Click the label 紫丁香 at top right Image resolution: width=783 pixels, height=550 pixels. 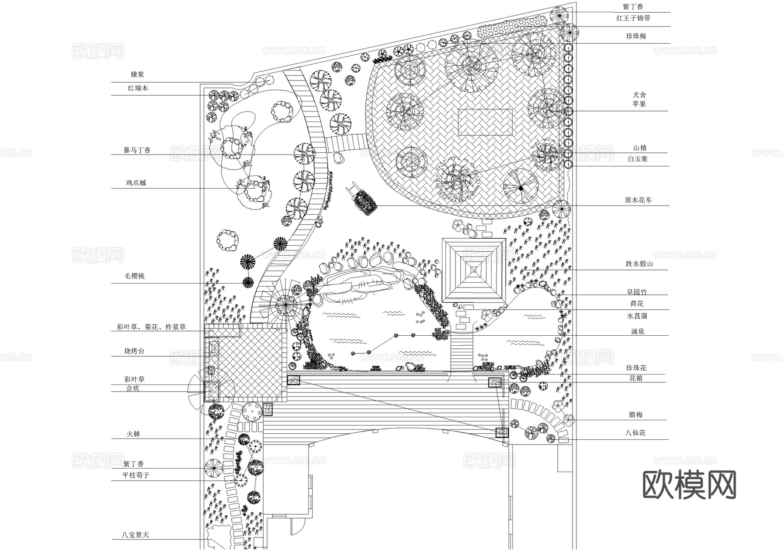633,7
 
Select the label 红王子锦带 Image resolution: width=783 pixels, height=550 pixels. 633,18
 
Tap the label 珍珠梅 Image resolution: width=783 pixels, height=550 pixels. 636,36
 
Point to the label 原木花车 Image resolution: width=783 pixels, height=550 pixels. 638,200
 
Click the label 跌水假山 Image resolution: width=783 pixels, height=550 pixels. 639,264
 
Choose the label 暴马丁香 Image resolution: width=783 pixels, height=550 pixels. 137,150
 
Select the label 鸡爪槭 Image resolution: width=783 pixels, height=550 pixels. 136,183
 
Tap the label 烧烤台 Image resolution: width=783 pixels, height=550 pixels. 134,351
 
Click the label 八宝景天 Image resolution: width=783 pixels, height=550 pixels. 135,535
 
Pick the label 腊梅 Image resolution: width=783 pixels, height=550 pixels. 636,415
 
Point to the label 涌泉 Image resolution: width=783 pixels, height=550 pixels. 637,331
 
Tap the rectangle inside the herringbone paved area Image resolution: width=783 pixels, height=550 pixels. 486,122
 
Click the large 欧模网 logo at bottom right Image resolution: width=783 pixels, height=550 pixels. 689,485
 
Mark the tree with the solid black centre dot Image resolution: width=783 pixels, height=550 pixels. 520,188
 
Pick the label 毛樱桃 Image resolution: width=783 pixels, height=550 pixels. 134,276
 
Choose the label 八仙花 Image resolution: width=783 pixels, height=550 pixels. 636,433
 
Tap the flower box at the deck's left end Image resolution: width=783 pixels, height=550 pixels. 294,380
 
